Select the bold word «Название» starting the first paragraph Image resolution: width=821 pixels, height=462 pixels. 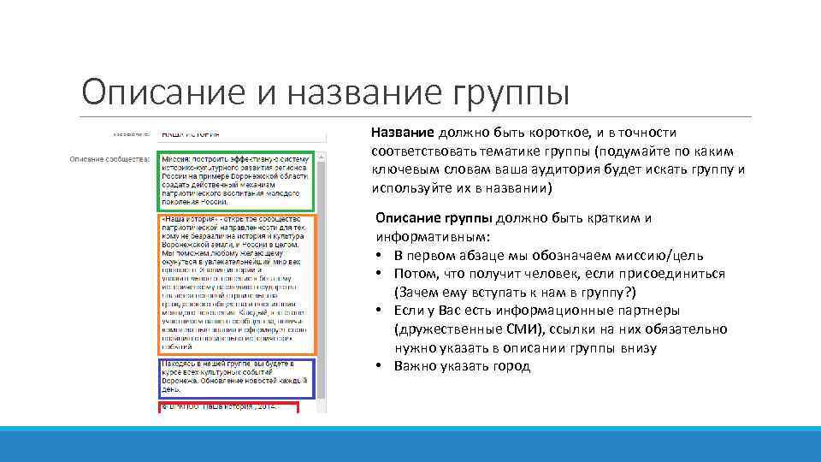point(404,132)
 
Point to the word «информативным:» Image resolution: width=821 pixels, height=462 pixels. point(429,236)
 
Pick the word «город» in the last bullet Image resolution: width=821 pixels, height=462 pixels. point(511,366)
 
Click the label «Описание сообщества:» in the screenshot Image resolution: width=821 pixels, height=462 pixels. point(109,158)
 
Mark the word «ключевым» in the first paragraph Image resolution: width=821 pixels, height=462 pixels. point(402,169)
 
